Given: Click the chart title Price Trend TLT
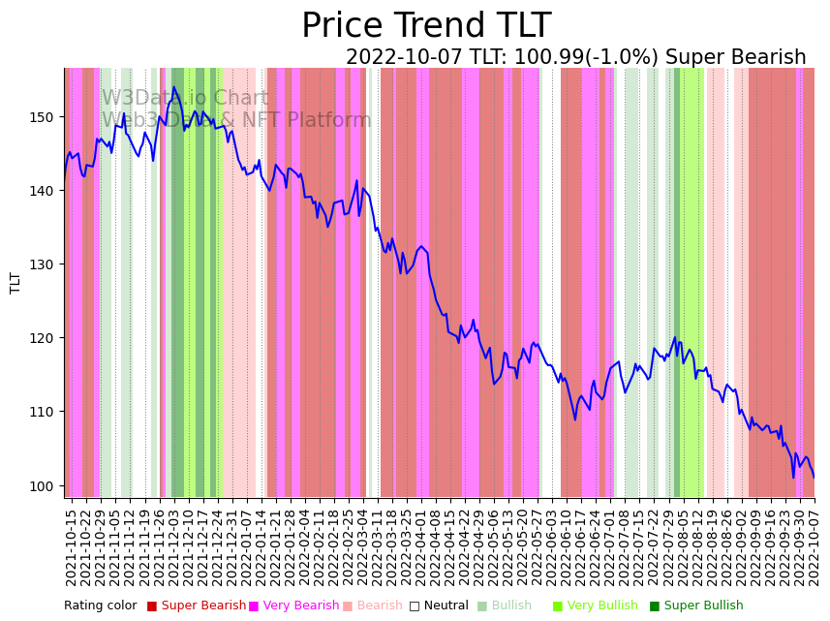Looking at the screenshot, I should tap(426, 26).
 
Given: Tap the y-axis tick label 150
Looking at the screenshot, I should tap(46, 117).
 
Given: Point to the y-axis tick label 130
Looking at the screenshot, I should tap(46, 264).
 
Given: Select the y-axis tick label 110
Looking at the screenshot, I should tap(46, 412).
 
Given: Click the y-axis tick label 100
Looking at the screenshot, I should tap(46, 485).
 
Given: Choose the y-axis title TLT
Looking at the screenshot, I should tap(15, 282).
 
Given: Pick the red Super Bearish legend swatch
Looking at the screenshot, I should tap(152, 606).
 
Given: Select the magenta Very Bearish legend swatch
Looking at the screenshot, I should tap(254, 606).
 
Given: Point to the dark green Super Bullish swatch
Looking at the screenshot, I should tap(655, 606).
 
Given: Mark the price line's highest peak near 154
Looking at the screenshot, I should tap(173, 88).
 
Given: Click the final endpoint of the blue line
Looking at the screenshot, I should tap(814, 478).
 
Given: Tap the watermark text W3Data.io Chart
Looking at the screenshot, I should tap(185, 99).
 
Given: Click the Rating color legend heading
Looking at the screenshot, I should tap(101, 606).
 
